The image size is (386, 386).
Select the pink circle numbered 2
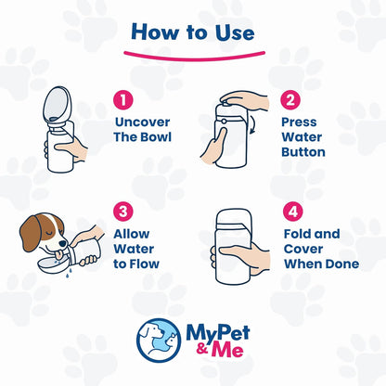[290, 98]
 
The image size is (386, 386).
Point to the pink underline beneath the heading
[192, 55]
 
